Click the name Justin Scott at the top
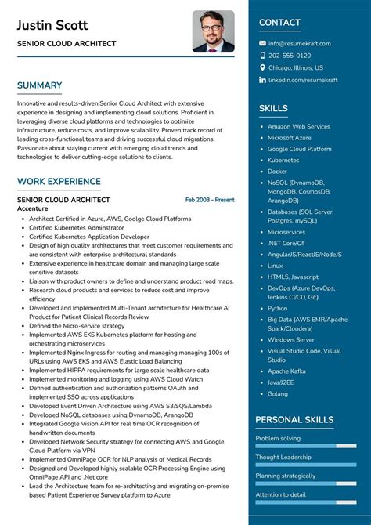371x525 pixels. point(52,25)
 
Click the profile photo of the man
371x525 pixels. point(213,31)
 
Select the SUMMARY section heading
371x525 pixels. point(39,85)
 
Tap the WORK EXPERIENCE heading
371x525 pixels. point(59,182)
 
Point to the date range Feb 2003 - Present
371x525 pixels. point(210,200)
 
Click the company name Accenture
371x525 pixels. point(33,209)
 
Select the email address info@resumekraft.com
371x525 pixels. point(300,44)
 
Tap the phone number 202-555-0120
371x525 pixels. point(290,56)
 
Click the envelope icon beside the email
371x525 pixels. point(262,44)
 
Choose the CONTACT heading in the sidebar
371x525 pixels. point(279,23)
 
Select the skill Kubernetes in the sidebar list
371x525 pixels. point(283,160)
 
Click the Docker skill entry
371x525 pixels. point(277,171)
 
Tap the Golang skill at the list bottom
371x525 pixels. point(278,393)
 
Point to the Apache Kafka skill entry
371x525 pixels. point(286,371)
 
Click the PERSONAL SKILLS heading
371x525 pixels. point(294,420)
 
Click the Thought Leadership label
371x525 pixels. point(283,457)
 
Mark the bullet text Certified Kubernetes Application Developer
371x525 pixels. point(89,236)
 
